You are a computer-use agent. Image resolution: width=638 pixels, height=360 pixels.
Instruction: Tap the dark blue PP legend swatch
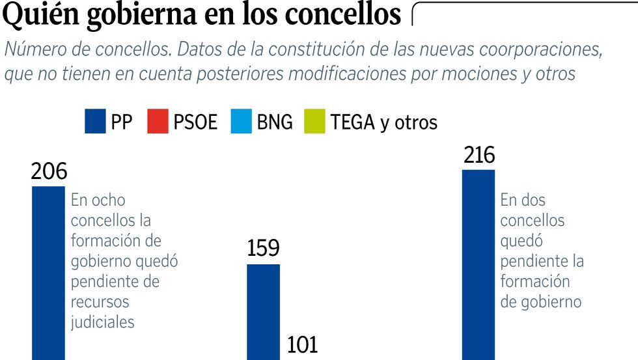[95, 122]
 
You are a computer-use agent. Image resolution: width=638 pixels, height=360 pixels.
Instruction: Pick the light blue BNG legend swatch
[241, 122]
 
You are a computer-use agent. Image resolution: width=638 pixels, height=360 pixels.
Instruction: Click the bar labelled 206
[48, 273]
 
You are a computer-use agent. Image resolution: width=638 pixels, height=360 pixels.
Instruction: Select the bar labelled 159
[263, 312]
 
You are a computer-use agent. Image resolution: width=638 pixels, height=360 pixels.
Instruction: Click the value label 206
[49, 172]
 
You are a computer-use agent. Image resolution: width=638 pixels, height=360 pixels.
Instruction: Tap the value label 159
[263, 249]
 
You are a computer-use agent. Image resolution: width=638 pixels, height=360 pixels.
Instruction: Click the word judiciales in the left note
[102, 322]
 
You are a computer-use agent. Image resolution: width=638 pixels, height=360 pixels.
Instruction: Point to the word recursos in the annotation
[100, 302]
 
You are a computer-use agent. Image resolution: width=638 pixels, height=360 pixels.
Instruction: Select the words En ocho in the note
[98, 200]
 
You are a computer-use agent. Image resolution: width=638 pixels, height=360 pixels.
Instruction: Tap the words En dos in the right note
[523, 200]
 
